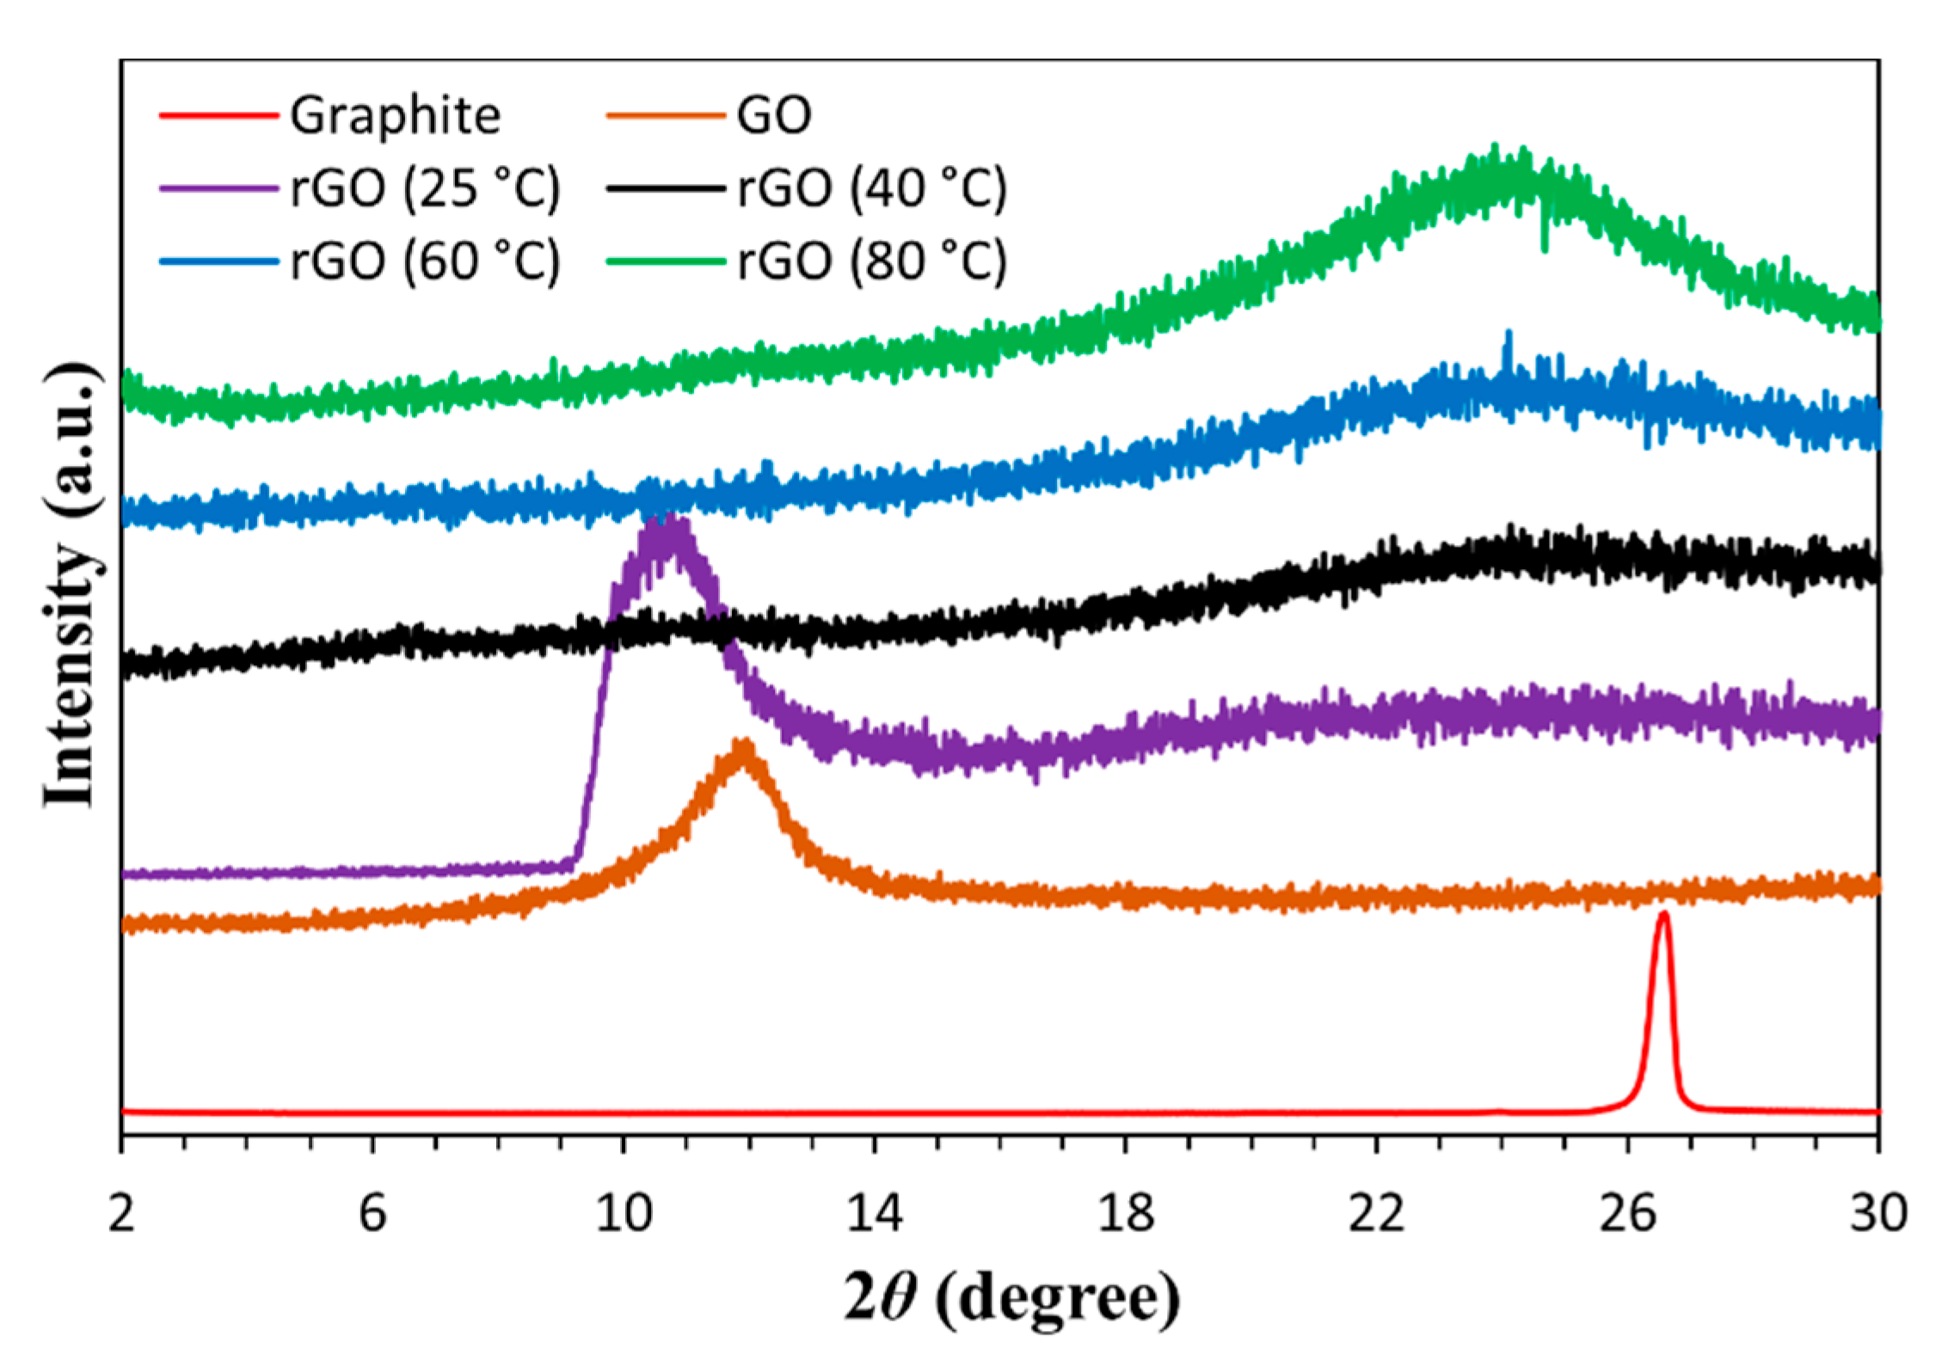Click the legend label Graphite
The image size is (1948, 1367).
[395, 116]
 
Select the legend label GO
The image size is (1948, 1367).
[773, 116]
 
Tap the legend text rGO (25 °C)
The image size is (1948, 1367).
[425, 187]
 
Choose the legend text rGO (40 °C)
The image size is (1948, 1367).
[871, 187]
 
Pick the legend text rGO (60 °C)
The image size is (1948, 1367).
[425, 261]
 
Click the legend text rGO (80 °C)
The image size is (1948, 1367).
[871, 261]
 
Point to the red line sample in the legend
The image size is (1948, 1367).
[219, 115]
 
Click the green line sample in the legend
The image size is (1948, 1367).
[666, 261]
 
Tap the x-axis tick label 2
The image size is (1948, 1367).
[121, 1214]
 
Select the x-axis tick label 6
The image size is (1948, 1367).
[372, 1214]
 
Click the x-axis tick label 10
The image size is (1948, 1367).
[624, 1214]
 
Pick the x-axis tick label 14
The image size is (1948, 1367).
[875, 1214]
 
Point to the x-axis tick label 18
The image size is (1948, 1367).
[1126, 1214]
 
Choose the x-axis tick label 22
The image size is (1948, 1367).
[1376, 1214]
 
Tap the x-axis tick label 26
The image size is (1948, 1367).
[1627, 1214]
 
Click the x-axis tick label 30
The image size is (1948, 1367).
[1878, 1214]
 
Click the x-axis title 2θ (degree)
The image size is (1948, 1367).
[1011, 1299]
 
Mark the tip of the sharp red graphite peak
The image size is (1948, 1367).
[1663, 915]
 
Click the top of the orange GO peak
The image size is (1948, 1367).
[743, 744]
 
